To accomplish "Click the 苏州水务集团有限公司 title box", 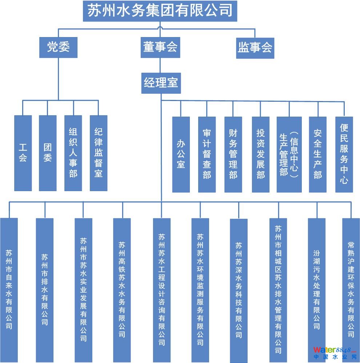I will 160,11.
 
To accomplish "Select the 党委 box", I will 58,48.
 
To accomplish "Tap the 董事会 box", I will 160,48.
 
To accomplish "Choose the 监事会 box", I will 255,48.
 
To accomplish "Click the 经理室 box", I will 161,83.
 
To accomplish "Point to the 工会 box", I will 23,153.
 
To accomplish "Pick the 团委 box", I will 48,153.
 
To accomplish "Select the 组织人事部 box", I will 73,153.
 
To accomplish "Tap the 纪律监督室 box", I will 98,153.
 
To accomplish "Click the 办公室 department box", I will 181,154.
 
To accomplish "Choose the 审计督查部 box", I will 207,154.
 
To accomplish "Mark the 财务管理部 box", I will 233,154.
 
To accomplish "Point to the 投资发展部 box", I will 261,154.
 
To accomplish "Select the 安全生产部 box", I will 317,154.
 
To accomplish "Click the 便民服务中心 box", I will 344,154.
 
